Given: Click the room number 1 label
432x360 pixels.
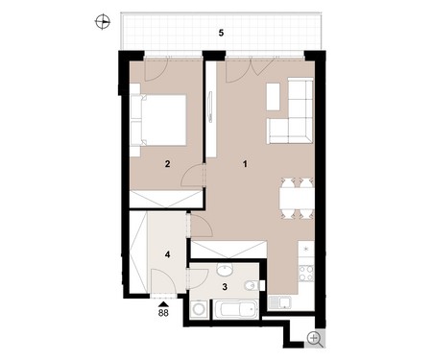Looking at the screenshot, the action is click(x=245, y=164).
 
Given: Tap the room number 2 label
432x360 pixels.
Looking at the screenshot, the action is click(x=167, y=164).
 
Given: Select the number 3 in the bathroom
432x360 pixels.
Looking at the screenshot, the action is click(x=225, y=287).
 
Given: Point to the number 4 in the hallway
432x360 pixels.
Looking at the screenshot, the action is click(x=167, y=254).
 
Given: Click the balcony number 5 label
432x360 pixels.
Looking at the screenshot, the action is click(x=221, y=33).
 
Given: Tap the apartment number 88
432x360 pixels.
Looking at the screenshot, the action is click(x=163, y=313).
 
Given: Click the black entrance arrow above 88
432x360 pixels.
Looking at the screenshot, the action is click(x=163, y=304).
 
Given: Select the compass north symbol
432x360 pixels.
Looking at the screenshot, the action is click(x=103, y=22).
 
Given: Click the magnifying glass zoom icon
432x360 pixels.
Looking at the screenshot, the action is click(x=314, y=339).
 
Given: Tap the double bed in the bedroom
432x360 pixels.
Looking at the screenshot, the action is click(x=158, y=120).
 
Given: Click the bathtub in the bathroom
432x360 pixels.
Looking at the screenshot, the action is click(x=235, y=309).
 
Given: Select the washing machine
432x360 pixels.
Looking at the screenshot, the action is click(x=200, y=310).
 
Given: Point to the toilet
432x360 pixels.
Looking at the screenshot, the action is click(x=252, y=285).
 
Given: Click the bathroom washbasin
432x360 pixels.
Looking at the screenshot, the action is click(x=226, y=270).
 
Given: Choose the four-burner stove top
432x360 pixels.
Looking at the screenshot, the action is click(x=306, y=274).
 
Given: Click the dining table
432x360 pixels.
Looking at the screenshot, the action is click(x=297, y=199).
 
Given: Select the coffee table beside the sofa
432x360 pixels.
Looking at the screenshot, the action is click(x=274, y=97).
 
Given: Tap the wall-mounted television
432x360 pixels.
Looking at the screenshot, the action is click(x=210, y=107).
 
